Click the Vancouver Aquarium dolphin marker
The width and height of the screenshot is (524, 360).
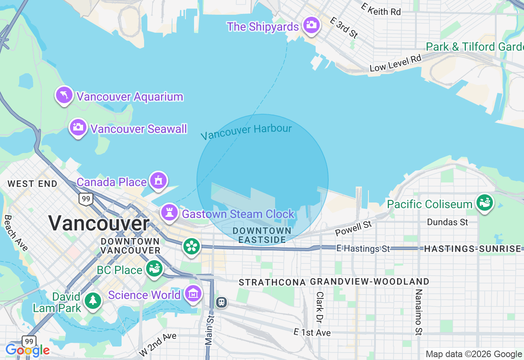coord(64,95)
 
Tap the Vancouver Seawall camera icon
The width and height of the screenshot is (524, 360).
coord(78,128)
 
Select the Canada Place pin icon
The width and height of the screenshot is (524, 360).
coord(158,180)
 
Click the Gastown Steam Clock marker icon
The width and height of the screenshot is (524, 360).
coord(169,213)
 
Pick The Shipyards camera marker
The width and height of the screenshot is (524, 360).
coord(311,25)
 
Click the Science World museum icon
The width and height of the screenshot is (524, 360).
coord(193,294)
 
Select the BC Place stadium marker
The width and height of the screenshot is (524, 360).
coord(154,269)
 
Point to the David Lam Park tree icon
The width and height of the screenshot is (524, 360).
coord(93,301)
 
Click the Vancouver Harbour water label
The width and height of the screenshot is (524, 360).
coord(246,132)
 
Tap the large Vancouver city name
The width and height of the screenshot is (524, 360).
coord(99,223)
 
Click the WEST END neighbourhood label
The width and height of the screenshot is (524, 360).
coord(33,184)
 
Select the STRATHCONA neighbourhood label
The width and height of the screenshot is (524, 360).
coord(272,282)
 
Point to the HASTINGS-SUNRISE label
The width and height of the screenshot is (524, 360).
coord(474,248)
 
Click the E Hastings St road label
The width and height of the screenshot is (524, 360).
coord(363,248)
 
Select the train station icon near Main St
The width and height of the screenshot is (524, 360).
coord(221,302)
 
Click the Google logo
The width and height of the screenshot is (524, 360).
coord(27,350)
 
